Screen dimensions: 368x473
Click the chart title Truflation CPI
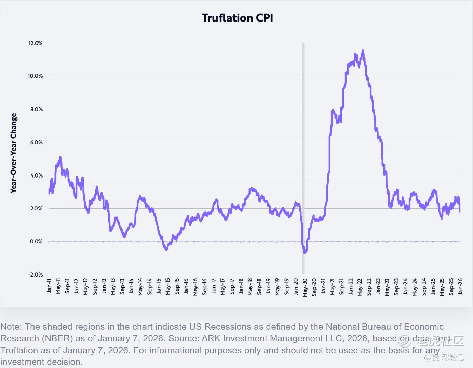click(x=237, y=18)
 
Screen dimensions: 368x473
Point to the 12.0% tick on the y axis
click(x=36, y=43)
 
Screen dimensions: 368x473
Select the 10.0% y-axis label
click(x=36, y=76)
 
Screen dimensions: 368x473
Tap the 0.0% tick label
click(x=36, y=242)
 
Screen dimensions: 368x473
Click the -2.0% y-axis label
click(x=36, y=275)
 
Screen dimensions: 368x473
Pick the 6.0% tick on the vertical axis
click(x=36, y=142)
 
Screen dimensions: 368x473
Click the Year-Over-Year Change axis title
click(x=14, y=153)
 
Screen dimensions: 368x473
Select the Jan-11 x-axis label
click(x=49, y=286)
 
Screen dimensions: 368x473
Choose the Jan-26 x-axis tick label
click(x=460, y=286)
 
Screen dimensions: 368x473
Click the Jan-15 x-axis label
click(x=159, y=286)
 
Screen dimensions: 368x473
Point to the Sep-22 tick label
click(x=369, y=287)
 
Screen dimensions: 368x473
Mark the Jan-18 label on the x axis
click(x=241, y=286)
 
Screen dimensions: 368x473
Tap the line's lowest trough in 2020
click(x=305, y=253)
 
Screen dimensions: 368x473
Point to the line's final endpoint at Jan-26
click(x=460, y=213)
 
